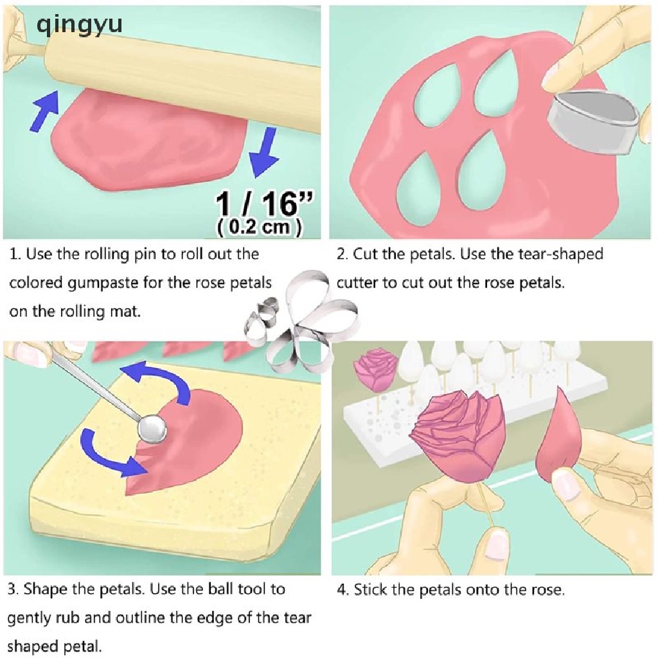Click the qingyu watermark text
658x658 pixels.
coord(79,24)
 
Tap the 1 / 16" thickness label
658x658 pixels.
coord(264,203)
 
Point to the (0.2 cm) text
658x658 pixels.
coord(260,227)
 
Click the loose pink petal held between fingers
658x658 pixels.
coord(559,437)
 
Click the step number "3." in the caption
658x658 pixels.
coord(13,589)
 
